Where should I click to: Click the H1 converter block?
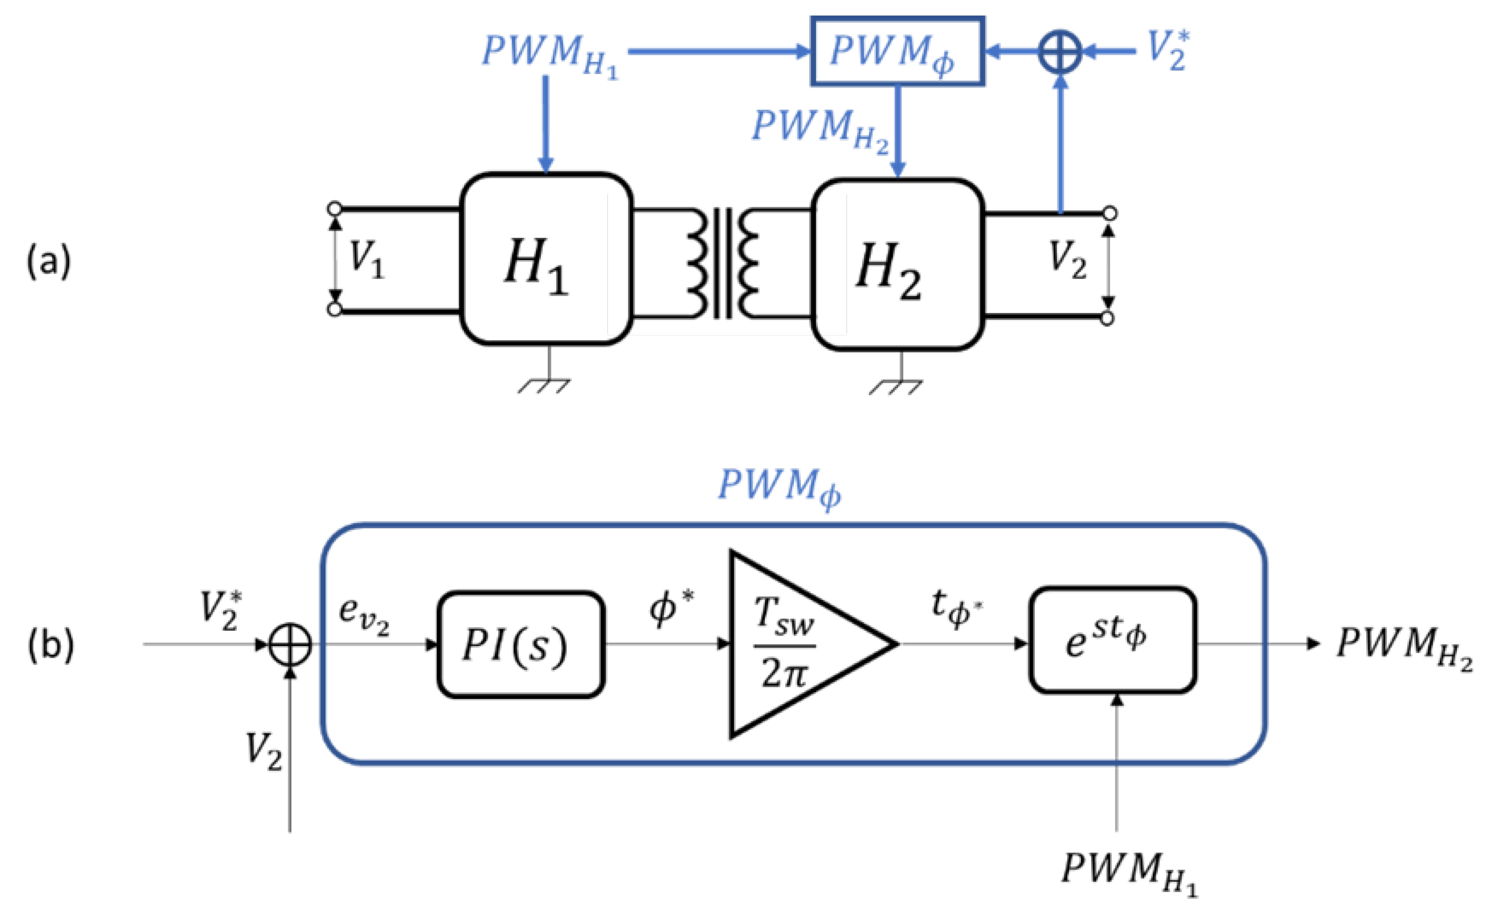547,259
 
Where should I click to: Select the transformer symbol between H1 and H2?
722,263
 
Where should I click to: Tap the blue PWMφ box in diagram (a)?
897,52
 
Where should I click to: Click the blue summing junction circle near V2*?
1060,52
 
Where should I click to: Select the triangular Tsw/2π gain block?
794,645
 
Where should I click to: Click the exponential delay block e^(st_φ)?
1112,640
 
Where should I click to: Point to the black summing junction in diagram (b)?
290,645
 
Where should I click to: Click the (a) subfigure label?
49,261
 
